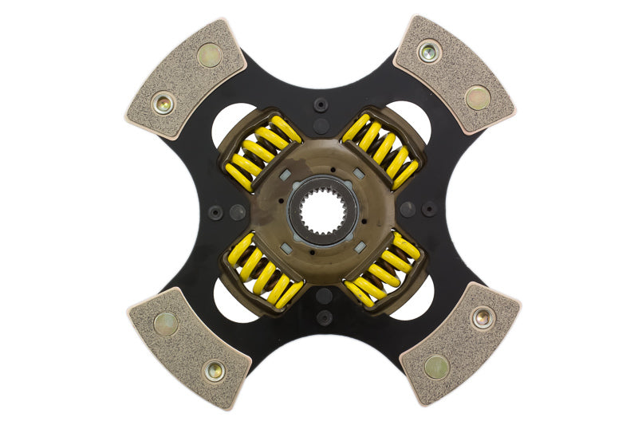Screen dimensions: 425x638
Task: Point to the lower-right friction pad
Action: point(459,343)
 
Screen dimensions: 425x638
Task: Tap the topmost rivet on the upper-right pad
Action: point(428,53)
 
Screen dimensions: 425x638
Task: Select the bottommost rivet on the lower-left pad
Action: point(214,369)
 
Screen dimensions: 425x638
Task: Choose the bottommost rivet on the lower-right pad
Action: point(436,368)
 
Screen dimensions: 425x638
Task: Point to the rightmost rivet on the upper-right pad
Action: point(478,97)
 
